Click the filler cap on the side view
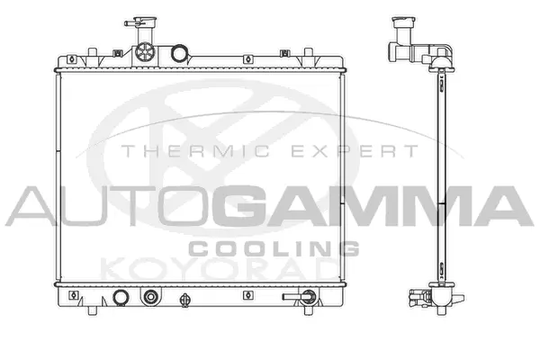[x=398, y=21]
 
